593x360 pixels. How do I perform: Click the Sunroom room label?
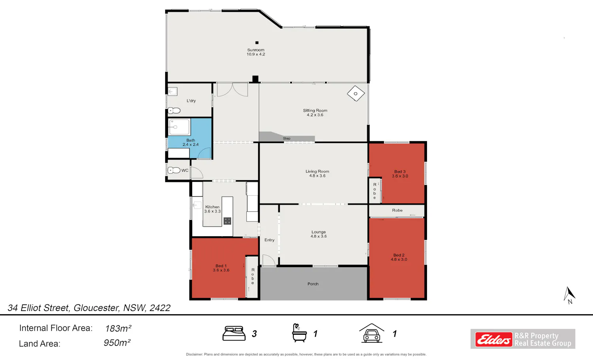[x=256, y=50]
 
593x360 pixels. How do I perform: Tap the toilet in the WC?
[x=174, y=170]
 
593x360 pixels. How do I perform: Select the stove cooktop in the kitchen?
[x=227, y=221]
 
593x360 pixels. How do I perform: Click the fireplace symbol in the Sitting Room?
[x=356, y=93]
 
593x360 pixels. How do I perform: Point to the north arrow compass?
[x=569, y=295]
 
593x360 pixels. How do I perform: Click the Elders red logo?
[x=493, y=339]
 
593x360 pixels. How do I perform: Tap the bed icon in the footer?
[x=234, y=333]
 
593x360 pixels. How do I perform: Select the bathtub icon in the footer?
[x=299, y=333]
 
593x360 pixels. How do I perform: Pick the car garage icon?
[x=372, y=333]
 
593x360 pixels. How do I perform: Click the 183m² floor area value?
[x=118, y=328]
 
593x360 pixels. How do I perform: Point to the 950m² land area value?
[x=117, y=343]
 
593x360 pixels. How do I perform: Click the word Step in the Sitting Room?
[x=287, y=138]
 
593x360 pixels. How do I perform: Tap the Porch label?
[x=313, y=284]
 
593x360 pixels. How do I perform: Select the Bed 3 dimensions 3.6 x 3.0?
[x=400, y=176]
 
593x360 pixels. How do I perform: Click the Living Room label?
[x=317, y=171]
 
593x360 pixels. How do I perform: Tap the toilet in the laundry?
[x=174, y=110]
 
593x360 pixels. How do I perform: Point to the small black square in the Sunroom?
[x=257, y=43]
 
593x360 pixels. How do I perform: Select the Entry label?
[x=269, y=240]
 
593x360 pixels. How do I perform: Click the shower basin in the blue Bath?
[x=179, y=127]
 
